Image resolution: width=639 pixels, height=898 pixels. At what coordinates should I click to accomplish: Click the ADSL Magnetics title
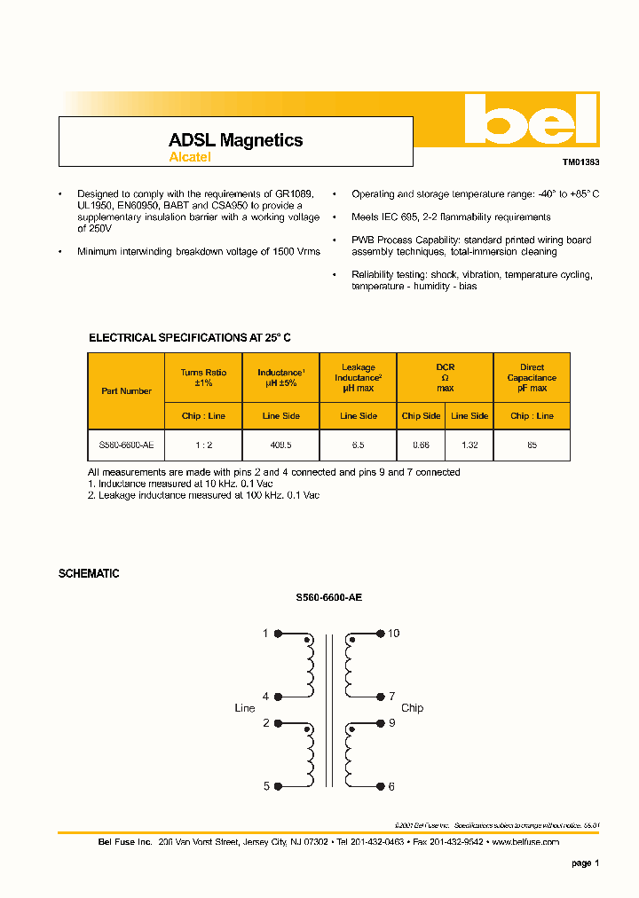(235, 140)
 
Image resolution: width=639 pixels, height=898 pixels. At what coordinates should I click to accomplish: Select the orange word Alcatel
(190, 157)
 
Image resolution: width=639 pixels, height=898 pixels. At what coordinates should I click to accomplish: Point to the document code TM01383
(580, 162)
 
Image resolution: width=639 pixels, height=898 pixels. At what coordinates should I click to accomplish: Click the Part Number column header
(126, 390)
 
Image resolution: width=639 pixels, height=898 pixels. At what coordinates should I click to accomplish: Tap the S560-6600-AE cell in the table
(126, 445)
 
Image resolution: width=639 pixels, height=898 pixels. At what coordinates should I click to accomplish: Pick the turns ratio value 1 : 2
(203, 445)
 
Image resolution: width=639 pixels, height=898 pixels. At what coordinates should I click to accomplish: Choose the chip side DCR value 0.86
(421, 445)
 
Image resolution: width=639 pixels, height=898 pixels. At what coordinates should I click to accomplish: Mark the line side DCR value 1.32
(469, 445)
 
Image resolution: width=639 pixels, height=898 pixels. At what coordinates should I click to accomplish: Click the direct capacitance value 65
(532, 445)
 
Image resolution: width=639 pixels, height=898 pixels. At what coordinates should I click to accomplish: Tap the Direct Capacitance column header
(532, 377)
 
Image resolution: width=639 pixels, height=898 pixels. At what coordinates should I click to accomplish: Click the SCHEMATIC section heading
(89, 574)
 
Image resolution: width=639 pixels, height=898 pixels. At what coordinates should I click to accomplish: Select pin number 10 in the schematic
(394, 634)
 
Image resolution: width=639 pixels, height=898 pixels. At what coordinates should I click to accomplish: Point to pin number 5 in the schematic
(265, 786)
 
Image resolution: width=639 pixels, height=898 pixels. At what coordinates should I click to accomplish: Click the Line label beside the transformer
(244, 708)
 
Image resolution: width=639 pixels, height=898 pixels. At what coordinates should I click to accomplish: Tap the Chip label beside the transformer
(412, 708)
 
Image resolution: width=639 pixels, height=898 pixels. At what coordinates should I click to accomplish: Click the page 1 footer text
(585, 863)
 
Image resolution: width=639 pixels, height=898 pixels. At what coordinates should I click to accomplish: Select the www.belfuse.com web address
(525, 841)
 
